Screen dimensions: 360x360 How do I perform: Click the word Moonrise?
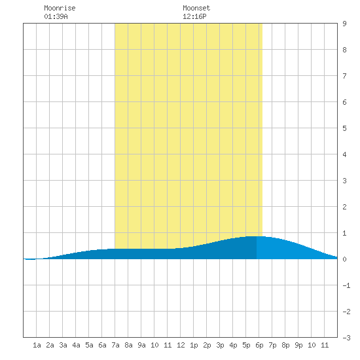(x=60, y=8)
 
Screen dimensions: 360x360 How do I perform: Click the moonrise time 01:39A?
(x=56, y=16)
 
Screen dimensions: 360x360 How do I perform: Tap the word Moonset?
(x=196, y=8)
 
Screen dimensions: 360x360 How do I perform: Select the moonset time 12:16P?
(x=194, y=16)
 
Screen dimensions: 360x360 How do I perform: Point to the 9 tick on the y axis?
(x=344, y=24)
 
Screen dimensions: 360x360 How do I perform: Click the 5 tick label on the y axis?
(x=344, y=128)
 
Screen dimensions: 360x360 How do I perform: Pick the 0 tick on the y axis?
(x=344, y=259)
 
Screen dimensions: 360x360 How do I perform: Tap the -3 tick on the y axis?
(x=346, y=338)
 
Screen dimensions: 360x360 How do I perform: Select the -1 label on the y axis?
(x=346, y=285)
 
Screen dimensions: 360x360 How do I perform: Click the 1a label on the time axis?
(x=37, y=345)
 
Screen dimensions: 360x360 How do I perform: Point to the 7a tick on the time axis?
(x=115, y=345)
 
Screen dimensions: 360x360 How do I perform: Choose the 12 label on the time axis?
(x=181, y=345)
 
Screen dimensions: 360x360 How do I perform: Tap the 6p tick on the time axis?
(x=259, y=345)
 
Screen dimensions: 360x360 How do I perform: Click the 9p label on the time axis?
(x=298, y=345)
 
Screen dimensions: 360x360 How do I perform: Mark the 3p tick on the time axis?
(x=220, y=345)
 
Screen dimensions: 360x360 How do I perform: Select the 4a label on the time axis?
(x=76, y=345)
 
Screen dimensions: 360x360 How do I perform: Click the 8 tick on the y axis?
(x=344, y=50)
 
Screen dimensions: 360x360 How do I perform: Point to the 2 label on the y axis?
(x=344, y=207)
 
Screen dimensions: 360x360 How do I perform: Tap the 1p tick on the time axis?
(x=194, y=345)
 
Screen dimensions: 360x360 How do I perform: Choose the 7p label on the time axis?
(x=272, y=345)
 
